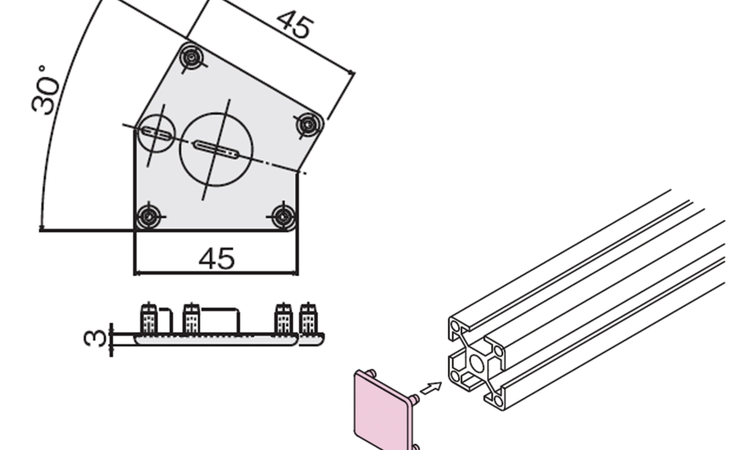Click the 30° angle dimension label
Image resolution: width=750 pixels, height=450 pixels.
coord(46,91)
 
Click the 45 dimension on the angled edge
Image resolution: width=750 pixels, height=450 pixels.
coord(295,24)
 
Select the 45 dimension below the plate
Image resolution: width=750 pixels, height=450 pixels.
coord(217,259)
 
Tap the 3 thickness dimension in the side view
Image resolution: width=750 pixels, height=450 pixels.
coord(95,338)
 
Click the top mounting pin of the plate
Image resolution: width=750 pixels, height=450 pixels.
coord(192,58)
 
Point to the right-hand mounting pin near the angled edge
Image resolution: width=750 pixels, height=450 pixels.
coord(308,124)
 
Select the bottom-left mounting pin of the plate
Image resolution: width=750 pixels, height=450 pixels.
coord(149,217)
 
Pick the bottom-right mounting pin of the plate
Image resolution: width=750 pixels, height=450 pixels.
coord(283,217)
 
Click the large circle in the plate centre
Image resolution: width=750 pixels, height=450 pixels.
coord(216,149)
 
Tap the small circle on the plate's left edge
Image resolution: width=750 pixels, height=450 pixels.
coord(157,133)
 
